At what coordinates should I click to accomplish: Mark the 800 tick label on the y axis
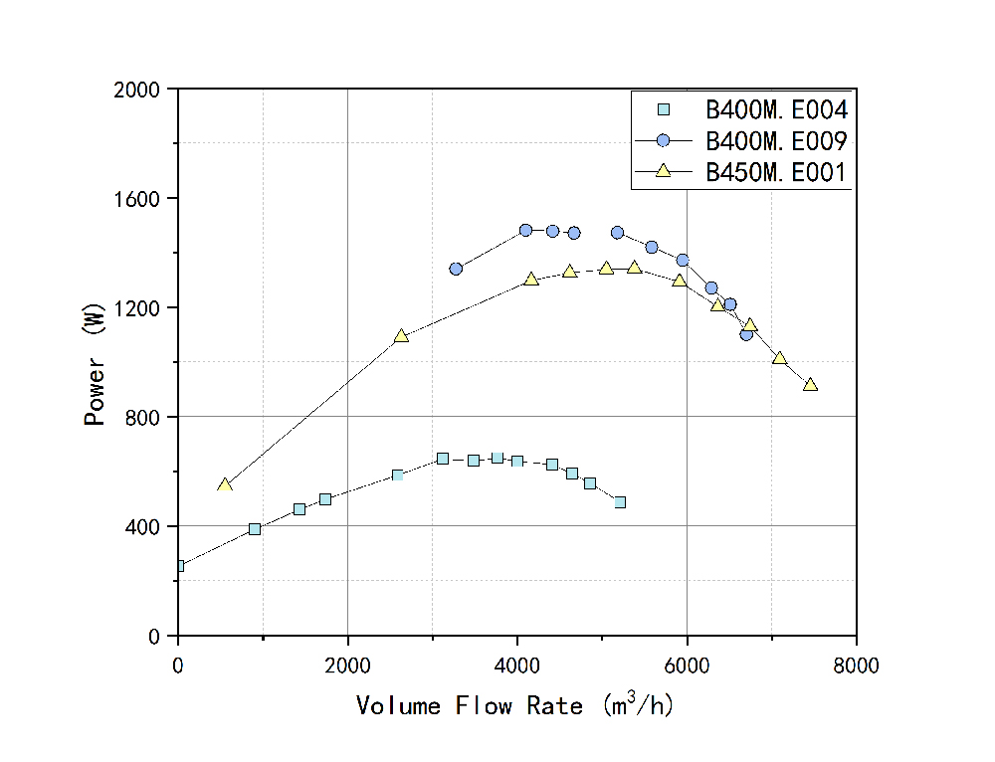coord(146,417)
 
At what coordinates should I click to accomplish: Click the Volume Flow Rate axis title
coord(516,705)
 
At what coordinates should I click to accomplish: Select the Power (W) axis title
coord(95,362)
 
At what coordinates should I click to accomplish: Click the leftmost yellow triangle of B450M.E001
coord(225,485)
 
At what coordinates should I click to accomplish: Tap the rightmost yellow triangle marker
coord(810,384)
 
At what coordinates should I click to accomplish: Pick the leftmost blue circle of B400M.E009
coord(456,269)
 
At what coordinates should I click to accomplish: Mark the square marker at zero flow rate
coord(179,566)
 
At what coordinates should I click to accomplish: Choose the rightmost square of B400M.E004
coord(620,502)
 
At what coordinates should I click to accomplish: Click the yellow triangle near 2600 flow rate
coord(401,336)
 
